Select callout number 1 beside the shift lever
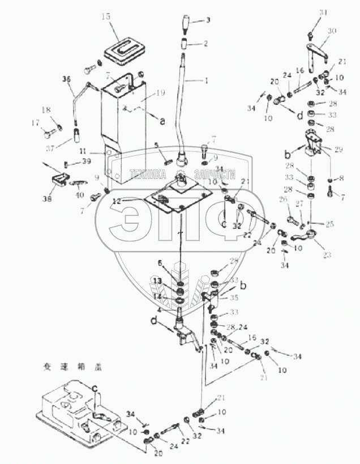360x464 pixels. (206, 80)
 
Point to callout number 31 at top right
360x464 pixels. (323, 13)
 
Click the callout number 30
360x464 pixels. (332, 32)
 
